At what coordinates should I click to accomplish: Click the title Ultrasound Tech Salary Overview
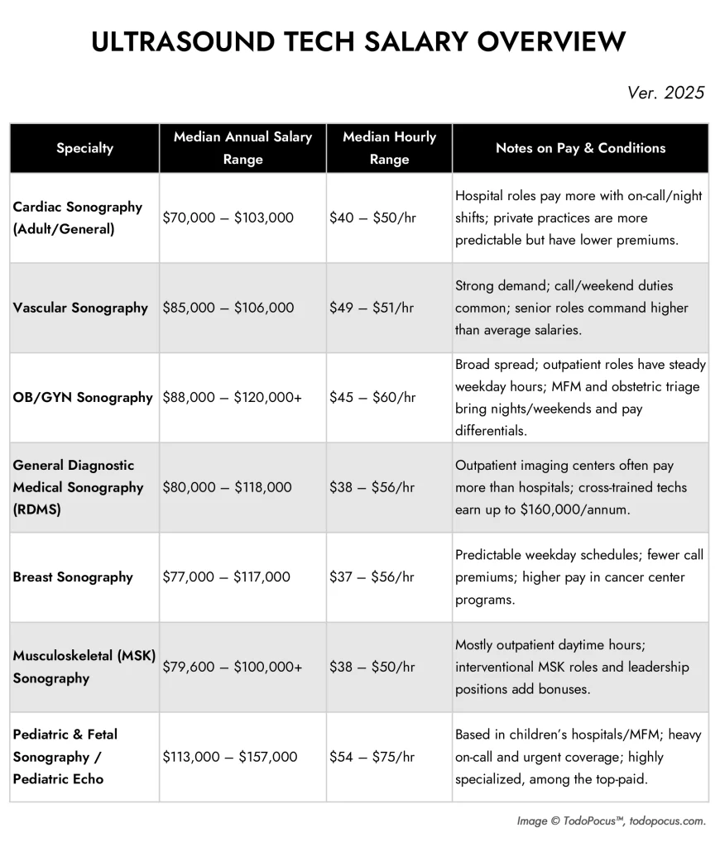[x=359, y=42]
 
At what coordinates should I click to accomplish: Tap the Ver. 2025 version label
[x=665, y=92]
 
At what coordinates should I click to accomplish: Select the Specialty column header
[x=84, y=148]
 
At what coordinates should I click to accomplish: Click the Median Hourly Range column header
[x=389, y=148]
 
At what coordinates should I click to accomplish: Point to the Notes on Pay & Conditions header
[x=580, y=148]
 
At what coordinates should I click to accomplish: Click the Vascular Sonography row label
[x=80, y=308]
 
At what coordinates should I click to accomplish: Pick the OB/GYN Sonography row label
[x=83, y=397]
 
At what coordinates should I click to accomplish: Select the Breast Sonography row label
[x=73, y=577]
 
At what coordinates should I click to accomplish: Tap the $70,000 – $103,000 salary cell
[x=228, y=218]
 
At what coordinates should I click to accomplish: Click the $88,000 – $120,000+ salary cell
[x=233, y=397]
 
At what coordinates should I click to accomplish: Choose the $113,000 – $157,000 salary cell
[x=230, y=756]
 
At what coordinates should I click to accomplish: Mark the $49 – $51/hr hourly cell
[x=372, y=308]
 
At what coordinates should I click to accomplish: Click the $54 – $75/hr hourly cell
[x=372, y=756]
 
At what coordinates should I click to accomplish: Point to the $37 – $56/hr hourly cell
[x=372, y=577]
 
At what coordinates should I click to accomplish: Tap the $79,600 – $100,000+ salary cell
[x=233, y=666]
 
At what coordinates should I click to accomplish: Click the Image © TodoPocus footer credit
[x=612, y=821]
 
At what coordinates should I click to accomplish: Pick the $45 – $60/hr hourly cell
[x=372, y=397]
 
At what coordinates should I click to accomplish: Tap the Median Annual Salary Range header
[x=242, y=148]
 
